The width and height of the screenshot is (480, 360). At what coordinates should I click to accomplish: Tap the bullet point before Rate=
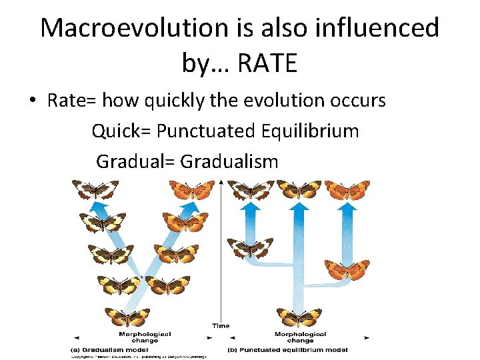(x=32, y=101)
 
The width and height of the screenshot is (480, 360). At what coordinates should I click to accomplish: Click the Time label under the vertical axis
(x=221, y=326)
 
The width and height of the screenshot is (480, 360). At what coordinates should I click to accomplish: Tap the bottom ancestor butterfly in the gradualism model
(x=127, y=317)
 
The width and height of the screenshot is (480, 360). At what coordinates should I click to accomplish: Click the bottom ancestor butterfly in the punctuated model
(x=299, y=316)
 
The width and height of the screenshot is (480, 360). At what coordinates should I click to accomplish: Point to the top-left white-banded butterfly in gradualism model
(x=95, y=190)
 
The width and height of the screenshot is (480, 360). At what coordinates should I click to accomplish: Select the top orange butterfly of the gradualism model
(x=192, y=190)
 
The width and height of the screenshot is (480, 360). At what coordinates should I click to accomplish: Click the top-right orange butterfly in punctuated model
(x=347, y=190)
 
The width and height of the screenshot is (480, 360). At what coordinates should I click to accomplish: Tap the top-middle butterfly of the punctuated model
(x=299, y=190)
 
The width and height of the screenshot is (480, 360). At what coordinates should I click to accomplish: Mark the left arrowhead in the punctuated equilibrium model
(x=251, y=207)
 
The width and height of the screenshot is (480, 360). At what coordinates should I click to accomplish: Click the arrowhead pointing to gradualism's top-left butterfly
(x=99, y=209)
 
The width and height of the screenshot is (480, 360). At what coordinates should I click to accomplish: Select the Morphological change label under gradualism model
(x=145, y=337)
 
